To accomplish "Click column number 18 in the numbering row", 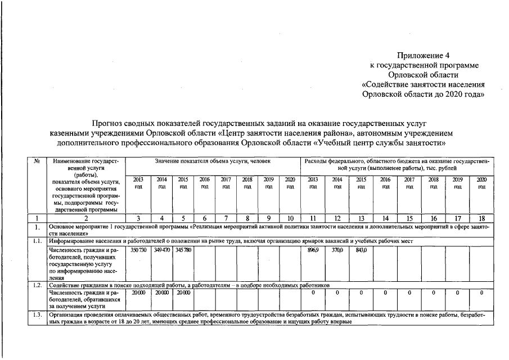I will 481,218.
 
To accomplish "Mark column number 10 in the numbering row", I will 290,218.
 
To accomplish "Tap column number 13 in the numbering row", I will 362,218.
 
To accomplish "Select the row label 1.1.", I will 37,241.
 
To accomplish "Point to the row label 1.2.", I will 37,285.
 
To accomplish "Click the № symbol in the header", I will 37,161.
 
